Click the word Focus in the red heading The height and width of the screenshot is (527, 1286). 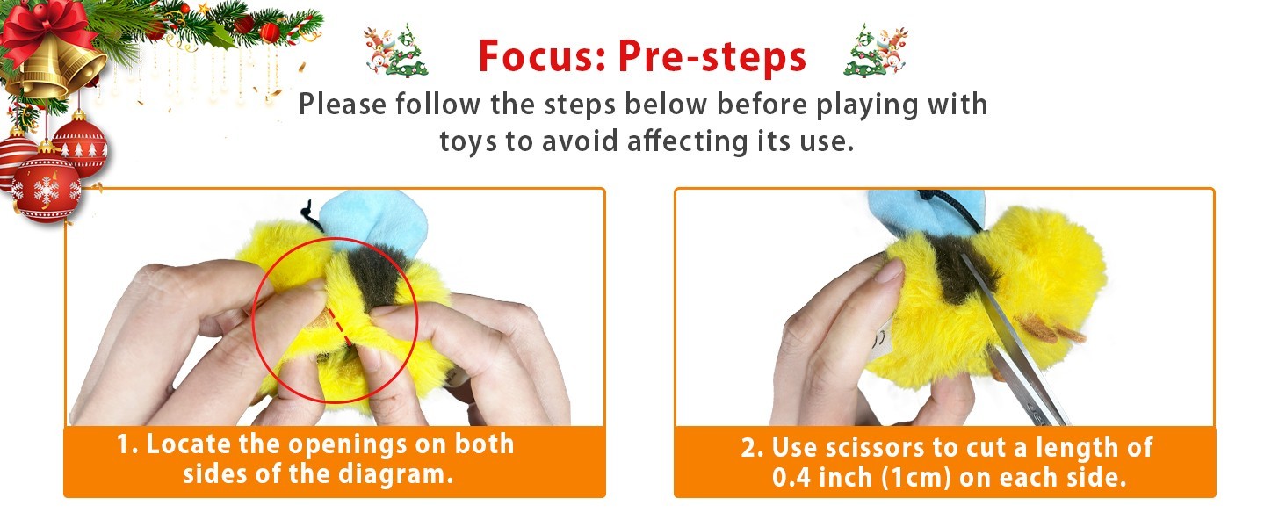tap(542, 56)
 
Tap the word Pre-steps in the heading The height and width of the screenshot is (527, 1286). tap(712, 57)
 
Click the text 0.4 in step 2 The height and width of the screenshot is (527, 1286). tap(791, 478)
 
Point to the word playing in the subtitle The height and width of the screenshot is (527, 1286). tap(858, 105)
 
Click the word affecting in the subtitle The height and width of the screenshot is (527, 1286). tap(689, 141)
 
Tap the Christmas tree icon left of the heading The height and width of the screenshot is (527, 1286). tap(396, 51)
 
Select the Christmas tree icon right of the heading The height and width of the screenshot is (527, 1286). tap(876, 51)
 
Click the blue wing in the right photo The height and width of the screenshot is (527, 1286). tap(924, 213)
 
